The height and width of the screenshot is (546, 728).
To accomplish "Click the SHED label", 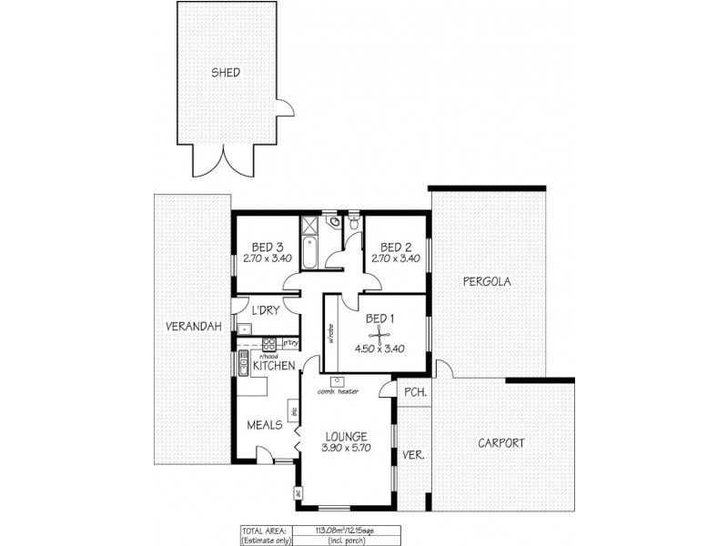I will point(226,73).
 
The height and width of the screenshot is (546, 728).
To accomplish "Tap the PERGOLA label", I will point(486,281).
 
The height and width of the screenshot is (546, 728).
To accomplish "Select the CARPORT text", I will point(501,443).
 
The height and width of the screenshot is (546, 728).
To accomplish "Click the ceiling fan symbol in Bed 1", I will point(382,333).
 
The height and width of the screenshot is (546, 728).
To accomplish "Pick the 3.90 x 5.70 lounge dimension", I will point(344,450).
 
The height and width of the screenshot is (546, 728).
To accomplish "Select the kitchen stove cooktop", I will point(268,344).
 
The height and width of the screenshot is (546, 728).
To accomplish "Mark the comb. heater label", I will point(336,392).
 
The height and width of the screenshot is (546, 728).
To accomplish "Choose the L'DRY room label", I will point(265,311).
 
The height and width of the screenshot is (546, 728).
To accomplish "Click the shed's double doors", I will point(217,162).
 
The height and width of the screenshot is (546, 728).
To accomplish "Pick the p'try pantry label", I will point(289,343).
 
